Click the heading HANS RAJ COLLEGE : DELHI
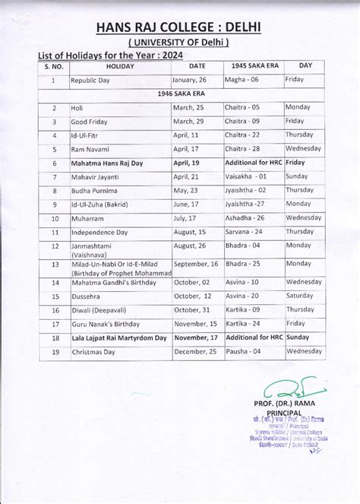[x=179, y=29]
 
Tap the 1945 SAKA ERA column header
[x=253, y=66]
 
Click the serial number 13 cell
[x=54, y=267]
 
